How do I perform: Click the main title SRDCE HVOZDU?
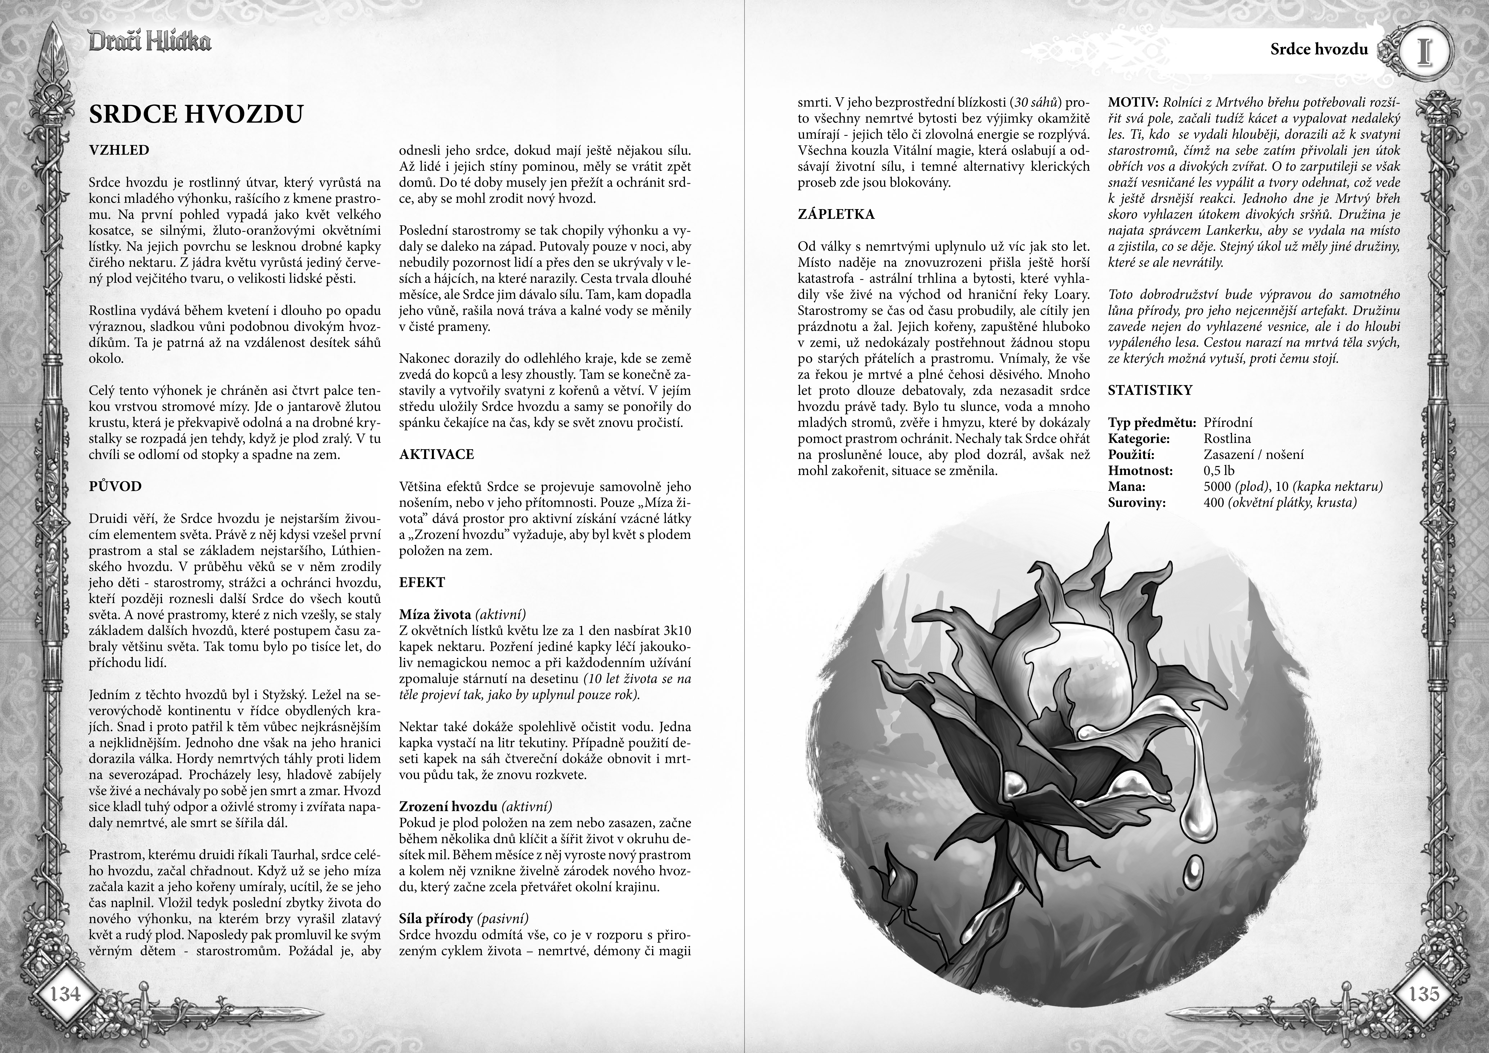click(196, 113)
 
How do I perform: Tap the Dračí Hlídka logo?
click(150, 43)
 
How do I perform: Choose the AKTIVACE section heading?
click(437, 454)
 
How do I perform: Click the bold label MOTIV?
click(1134, 102)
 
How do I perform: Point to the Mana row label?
click(1126, 487)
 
